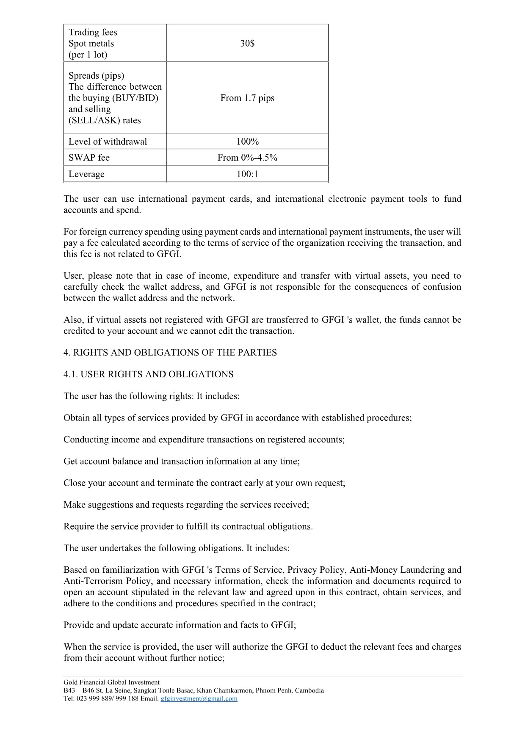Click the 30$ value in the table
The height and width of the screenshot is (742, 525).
(247, 44)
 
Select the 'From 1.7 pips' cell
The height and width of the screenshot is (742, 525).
(247, 98)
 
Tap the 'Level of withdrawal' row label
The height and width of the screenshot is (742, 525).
(108, 142)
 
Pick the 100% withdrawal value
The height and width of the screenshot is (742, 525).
(247, 142)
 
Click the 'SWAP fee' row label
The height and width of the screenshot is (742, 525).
(89, 158)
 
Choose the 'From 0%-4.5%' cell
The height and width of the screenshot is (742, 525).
(247, 158)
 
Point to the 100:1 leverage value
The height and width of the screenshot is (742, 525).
(247, 174)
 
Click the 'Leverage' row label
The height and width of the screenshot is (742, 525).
(86, 174)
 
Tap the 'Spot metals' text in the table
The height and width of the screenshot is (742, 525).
(91, 44)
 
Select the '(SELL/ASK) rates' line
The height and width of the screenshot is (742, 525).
(105, 121)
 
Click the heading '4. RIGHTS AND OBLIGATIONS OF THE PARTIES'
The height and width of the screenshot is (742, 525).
(170, 353)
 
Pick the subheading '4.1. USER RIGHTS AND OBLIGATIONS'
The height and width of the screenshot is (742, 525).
(149, 374)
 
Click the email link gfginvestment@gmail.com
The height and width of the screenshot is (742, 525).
(199, 698)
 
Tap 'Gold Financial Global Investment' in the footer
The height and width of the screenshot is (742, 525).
(111, 682)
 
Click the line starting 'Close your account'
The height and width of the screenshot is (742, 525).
(204, 483)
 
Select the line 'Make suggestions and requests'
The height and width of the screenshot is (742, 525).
(186, 505)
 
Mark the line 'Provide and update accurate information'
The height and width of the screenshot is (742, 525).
(180, 625)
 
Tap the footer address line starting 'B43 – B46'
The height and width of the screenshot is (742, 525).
(193, 690)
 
